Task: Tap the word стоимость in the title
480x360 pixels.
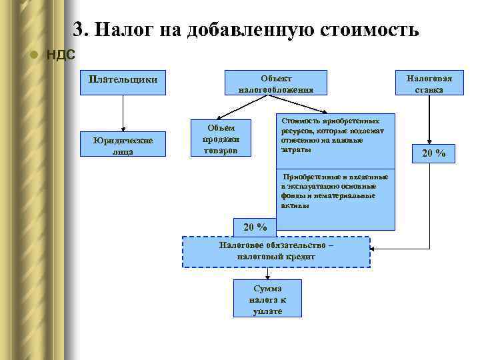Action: pyautogui.click(x=371, y=30)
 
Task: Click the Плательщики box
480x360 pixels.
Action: pyautogui.click(x=123, y=79)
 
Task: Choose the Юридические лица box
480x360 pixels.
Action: pyautogui.click(x=122, y=145)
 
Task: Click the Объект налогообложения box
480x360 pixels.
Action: pyautogui.click(x=275, y=83)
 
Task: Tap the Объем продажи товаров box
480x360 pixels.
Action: pyautogui.click(x=220, y=139)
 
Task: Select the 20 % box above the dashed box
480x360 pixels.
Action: pyautogui.click(x=255, y=227)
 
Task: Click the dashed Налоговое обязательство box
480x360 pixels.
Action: pyautogui.click(x=276, y=251)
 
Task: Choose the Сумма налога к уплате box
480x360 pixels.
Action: pyautogui.click(x=267, y=299)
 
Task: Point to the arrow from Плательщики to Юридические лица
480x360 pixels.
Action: pyautogui.click(x=122, y=113)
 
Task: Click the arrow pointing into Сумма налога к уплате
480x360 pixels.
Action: pyautogui.click(x=267, y=273)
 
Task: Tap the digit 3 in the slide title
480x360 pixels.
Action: pyautogui.click(x=78, y=30)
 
